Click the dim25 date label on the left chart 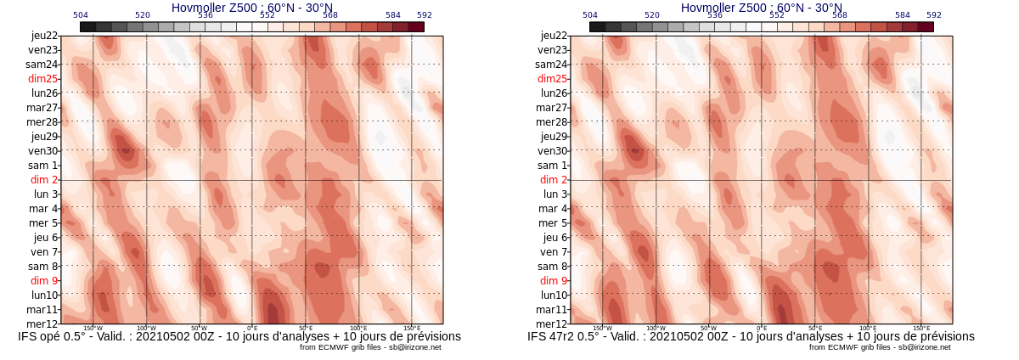42,79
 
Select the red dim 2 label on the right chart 554,180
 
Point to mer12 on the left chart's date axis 42,323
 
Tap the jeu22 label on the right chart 554,36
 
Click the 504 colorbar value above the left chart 81,15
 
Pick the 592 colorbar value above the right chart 934,15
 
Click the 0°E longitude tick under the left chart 252,328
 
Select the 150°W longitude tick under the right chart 602,328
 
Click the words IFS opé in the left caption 44,336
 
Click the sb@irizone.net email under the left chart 413,347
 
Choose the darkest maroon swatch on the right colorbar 926,27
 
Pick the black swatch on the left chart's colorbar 87,27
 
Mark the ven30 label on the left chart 42,151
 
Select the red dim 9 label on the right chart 554,280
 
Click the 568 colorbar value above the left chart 330,15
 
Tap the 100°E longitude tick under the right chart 868,328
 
